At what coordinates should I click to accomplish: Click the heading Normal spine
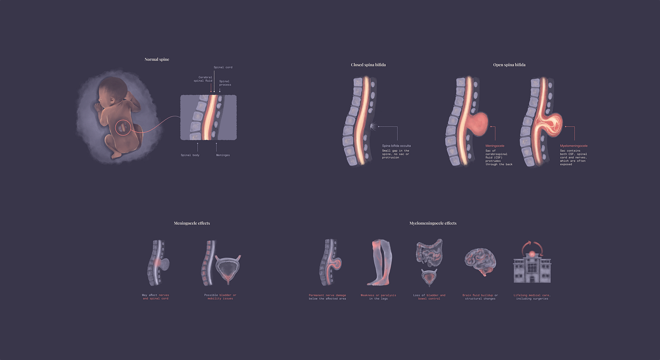(157, 59)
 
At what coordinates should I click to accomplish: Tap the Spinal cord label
(223, 67)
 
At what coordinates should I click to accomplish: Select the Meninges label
(223, 155)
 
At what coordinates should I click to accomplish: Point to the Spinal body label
(190, 155)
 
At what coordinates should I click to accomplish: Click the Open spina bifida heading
(509, 65)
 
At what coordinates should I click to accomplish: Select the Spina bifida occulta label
(397, 146)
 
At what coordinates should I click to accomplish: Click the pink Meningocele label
(495, 146)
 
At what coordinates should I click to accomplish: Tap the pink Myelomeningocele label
(574, 146)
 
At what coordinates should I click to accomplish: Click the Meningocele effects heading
(192, 223)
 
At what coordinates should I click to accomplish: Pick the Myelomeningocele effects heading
(433, 223)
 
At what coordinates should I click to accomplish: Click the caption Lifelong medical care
(532, 295)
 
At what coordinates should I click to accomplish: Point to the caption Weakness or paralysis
(378, 295)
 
